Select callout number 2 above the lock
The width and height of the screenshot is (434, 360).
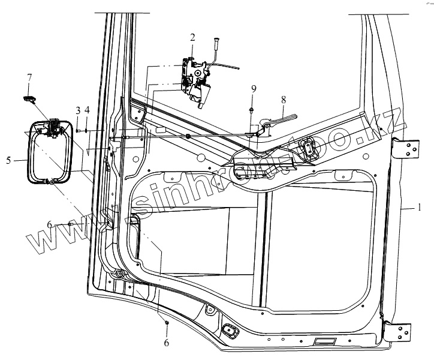coord(192,37)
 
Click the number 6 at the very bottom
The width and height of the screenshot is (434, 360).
coord(167,343)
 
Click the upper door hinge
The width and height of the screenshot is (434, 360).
coord(405,148)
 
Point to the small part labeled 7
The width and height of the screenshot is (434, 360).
coord(29,97)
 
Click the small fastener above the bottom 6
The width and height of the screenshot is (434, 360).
coord(167,323)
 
